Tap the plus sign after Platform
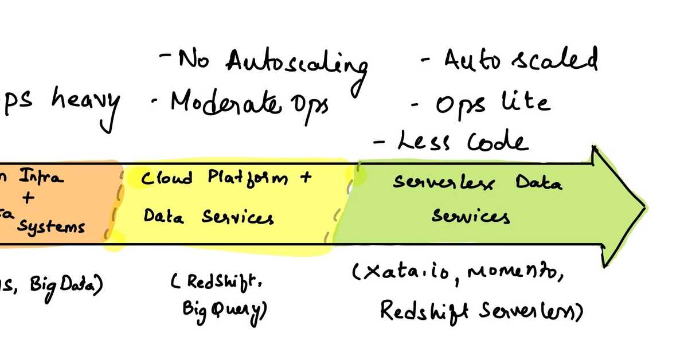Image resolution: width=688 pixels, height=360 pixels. (x=304, y=177)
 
